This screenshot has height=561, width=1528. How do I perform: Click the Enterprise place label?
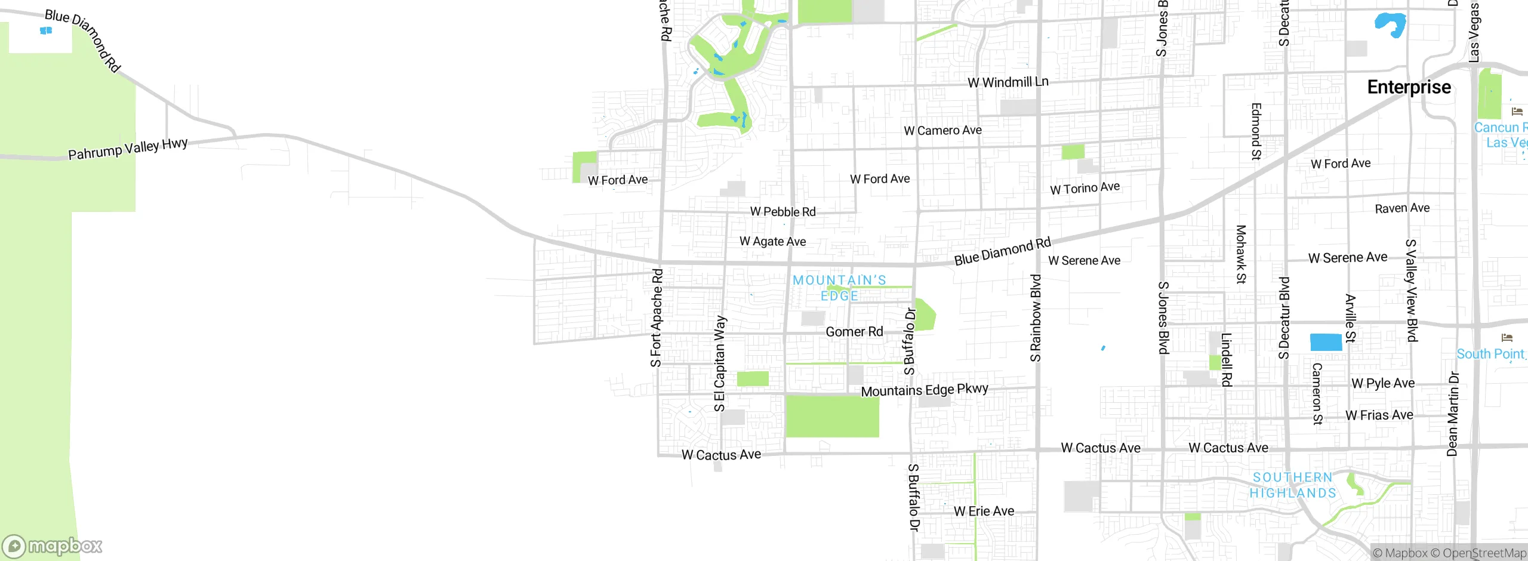coord(1409,87)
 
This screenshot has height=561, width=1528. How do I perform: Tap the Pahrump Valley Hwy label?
coord(128,149)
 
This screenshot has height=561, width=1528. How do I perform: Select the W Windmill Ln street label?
coord(1008,82)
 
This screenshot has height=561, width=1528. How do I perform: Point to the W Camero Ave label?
coord(942,130)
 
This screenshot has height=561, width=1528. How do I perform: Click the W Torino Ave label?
coord(1085,188)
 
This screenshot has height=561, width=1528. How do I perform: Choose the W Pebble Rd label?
coord(783,212)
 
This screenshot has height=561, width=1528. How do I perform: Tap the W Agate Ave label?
coord(772,241)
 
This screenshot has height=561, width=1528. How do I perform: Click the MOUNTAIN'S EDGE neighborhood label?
coord(839,288)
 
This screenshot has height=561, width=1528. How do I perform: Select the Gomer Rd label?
coord(854,332)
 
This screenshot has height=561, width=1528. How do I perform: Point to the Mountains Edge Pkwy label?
coord(925,390)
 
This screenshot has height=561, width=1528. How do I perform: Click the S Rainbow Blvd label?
coord(1036,318)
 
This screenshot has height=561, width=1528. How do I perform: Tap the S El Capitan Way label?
coord(720,363)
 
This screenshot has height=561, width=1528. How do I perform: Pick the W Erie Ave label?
coord(984,511)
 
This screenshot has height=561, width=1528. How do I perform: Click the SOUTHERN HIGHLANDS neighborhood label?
coord(1293,485)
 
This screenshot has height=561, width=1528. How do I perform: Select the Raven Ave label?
coord(1402,208)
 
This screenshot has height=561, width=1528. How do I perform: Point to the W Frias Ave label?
coord(1379,415)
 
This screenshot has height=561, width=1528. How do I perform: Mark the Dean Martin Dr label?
coord(1452,414)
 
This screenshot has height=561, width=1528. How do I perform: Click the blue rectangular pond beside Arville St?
coord(1326,343)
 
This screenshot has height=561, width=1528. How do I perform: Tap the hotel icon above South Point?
coord(1507,338)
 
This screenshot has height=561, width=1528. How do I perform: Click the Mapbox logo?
coord(53,546)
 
